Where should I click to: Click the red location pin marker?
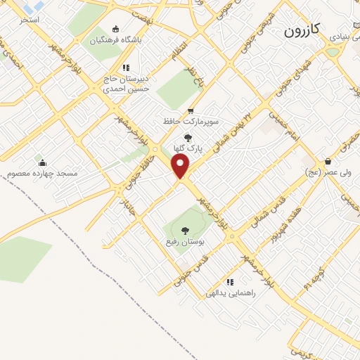(181, 166)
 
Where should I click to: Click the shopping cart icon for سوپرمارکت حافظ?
(191, 111)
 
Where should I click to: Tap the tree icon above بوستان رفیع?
(185, 230)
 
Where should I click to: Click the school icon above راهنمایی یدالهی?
(230, 281)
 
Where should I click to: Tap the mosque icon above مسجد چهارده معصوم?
(42, 162)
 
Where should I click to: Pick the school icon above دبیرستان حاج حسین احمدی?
(126, 67)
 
